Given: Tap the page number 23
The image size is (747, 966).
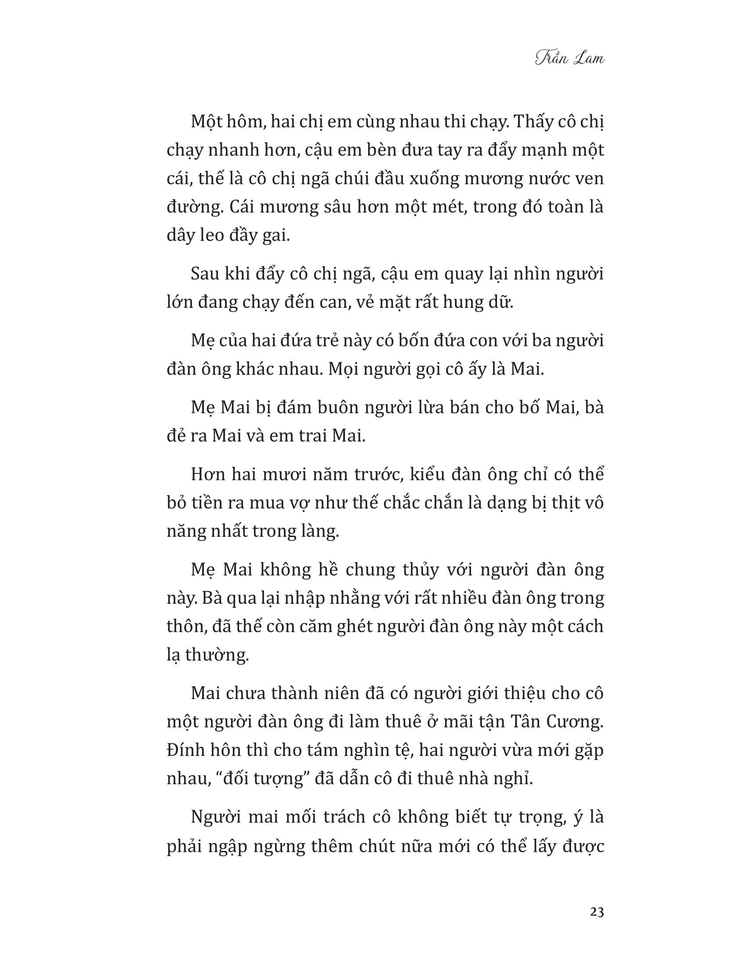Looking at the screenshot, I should coord(597,912).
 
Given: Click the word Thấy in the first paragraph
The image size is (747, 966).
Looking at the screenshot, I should coord(536,122).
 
